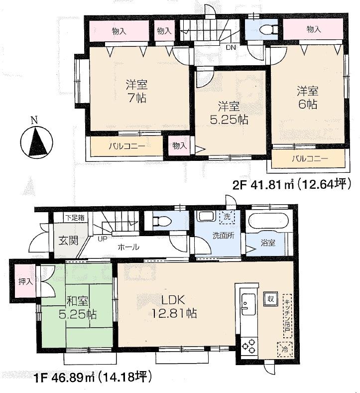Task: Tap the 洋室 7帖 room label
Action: pos(136,91)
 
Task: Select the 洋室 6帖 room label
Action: pos(308,98)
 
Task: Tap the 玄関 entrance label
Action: pos(68,241)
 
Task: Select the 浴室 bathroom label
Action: pos(268,243)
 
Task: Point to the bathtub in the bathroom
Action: pos(268,222)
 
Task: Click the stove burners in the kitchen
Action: pos(247,344)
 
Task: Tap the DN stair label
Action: pos(231,48)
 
